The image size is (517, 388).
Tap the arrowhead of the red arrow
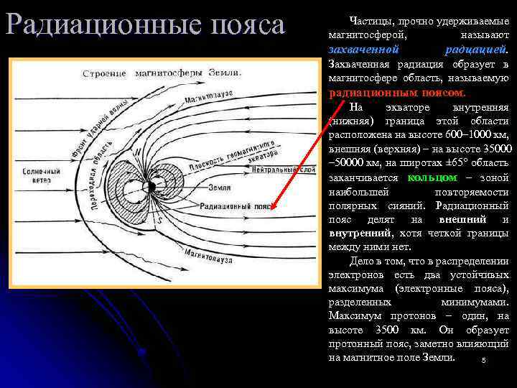click(x=274, y=212)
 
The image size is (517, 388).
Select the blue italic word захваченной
click(x=363, y=50)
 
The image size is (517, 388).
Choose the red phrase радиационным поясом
click(x=397, y=93)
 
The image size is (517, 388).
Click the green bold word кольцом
click(x=432, y=177)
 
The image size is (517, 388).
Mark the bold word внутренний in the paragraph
click(x=360, y=234)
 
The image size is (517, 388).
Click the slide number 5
click(x=485, y=361)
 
